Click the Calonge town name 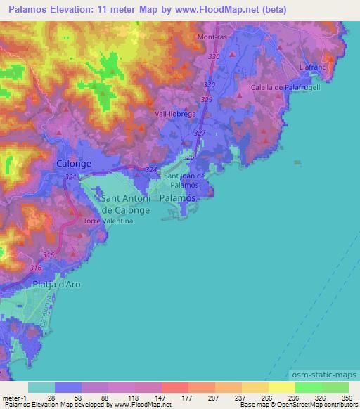(x=73, y=163)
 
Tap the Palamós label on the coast (x=176, y=199)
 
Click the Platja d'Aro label (x=58, y=284)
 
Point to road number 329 (x=206, y=100)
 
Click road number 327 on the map (x=200, y=133)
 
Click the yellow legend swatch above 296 (x=281, y=387)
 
